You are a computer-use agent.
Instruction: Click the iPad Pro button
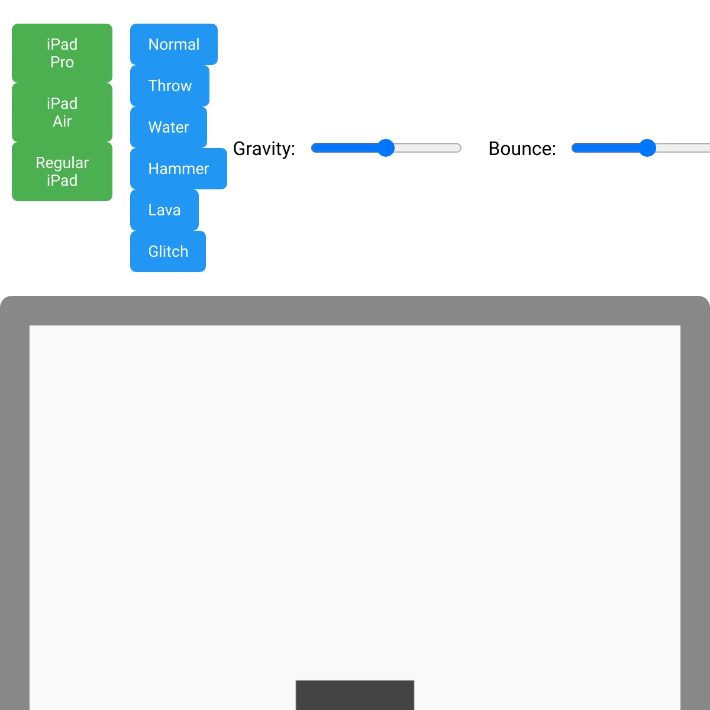(62, 53)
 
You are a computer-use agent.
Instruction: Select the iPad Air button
(62, 112)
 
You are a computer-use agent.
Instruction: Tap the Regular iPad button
(62, 171)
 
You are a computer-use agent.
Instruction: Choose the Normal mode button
(174, 44)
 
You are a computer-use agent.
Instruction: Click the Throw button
(170, 86)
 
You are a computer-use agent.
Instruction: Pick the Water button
(169, 127)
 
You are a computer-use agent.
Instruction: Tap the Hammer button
(179, 169)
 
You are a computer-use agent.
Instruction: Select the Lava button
(164, 210)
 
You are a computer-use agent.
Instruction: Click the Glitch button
(168, 251)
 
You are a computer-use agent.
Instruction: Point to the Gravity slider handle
(386, 148)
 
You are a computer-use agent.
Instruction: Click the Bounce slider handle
(647, 148)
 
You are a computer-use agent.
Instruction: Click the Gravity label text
(264, 149)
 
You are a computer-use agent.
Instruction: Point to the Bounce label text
(522, 149)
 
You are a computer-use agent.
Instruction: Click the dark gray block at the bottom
(355, 695)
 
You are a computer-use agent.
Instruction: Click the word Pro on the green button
(62, 62)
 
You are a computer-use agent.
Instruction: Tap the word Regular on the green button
(62, 163)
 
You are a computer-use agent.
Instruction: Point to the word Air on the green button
(62, 121)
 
